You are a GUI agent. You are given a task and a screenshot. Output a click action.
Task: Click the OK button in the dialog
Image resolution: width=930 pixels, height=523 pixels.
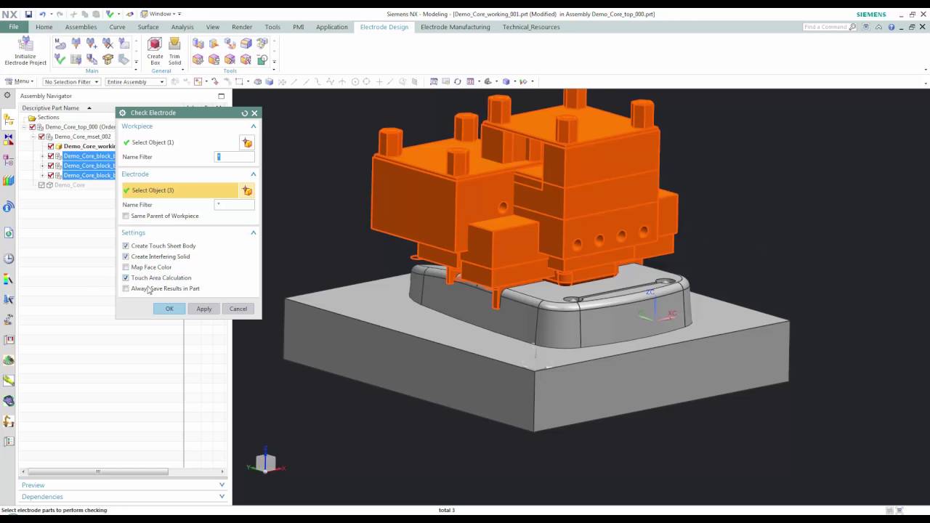click(169, 309)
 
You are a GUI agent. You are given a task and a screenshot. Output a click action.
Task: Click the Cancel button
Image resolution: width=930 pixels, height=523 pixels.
click(238, 309)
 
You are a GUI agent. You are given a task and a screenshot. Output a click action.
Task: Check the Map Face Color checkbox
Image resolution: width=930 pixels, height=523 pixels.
click(126, 267)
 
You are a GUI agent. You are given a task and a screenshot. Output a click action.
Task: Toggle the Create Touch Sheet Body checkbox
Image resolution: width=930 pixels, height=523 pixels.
click(126, 246)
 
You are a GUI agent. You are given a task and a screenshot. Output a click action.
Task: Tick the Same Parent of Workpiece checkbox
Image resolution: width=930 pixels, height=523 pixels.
click(126, 216)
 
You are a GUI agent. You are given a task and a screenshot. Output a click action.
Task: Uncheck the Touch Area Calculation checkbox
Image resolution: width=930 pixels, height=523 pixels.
click(126, 277)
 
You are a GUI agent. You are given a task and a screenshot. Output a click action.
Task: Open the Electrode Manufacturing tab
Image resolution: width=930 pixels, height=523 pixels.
click(455, 27)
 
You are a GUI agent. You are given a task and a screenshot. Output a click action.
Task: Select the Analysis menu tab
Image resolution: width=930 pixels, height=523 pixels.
click(182, 27)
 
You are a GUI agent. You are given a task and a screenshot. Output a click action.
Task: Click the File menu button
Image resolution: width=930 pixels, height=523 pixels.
click(14, 27)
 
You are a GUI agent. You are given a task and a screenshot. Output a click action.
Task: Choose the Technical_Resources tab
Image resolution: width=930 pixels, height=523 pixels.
click(531, 27)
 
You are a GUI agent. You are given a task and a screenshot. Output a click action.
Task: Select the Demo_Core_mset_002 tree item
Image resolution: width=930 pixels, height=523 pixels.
click(82, 137)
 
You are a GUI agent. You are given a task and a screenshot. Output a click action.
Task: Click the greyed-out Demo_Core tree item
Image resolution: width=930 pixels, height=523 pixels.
click(70, 185)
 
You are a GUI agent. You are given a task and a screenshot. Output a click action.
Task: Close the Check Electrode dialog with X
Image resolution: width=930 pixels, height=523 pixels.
click(254, 113)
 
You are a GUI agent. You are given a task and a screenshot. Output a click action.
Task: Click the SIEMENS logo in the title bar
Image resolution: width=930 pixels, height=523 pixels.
click(870, 15)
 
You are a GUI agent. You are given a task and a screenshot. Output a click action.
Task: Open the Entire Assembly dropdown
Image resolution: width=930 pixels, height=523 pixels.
click(135, 82)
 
